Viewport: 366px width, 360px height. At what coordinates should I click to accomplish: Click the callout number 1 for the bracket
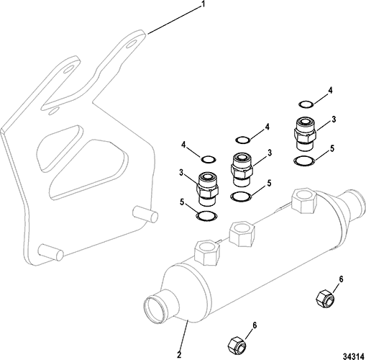point(203,5)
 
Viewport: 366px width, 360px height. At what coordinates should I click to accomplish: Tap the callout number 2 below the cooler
point(179,354)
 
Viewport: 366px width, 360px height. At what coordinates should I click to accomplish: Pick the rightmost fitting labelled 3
point(304,134)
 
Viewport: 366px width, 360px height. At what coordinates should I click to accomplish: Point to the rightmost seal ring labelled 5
point(304,161)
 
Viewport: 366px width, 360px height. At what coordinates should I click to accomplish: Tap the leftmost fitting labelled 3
point(208,189)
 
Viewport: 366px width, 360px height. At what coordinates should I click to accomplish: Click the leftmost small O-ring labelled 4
point(208,159)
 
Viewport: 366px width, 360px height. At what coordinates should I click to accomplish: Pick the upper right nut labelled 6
point(325,298)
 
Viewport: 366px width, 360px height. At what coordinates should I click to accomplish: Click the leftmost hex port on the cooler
point(207,253)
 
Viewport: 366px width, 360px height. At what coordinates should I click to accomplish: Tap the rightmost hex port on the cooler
point(303,200)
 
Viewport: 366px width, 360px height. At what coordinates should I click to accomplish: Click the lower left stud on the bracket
point(50,252)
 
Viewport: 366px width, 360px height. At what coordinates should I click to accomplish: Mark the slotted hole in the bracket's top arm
point(131,44)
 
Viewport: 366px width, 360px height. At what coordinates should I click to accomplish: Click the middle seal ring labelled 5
point(241,197)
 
